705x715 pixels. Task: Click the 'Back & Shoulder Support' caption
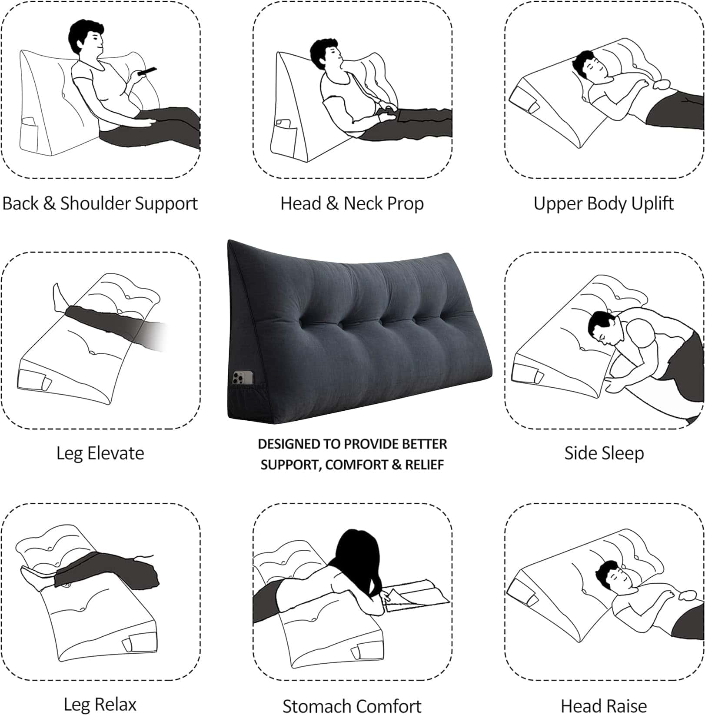[x=100, y=203]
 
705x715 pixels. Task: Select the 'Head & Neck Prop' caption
[x=352, y=203]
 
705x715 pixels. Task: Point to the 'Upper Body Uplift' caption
[x=604, y=203]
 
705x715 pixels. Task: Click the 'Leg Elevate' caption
[x=100, y=453]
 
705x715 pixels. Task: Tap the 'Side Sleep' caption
[x=604, y=453]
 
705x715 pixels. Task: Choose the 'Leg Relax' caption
[x=100, y=704]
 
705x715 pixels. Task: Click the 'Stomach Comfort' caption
[x=352, y=705]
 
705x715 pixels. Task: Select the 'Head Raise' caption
[x=604, y=705]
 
